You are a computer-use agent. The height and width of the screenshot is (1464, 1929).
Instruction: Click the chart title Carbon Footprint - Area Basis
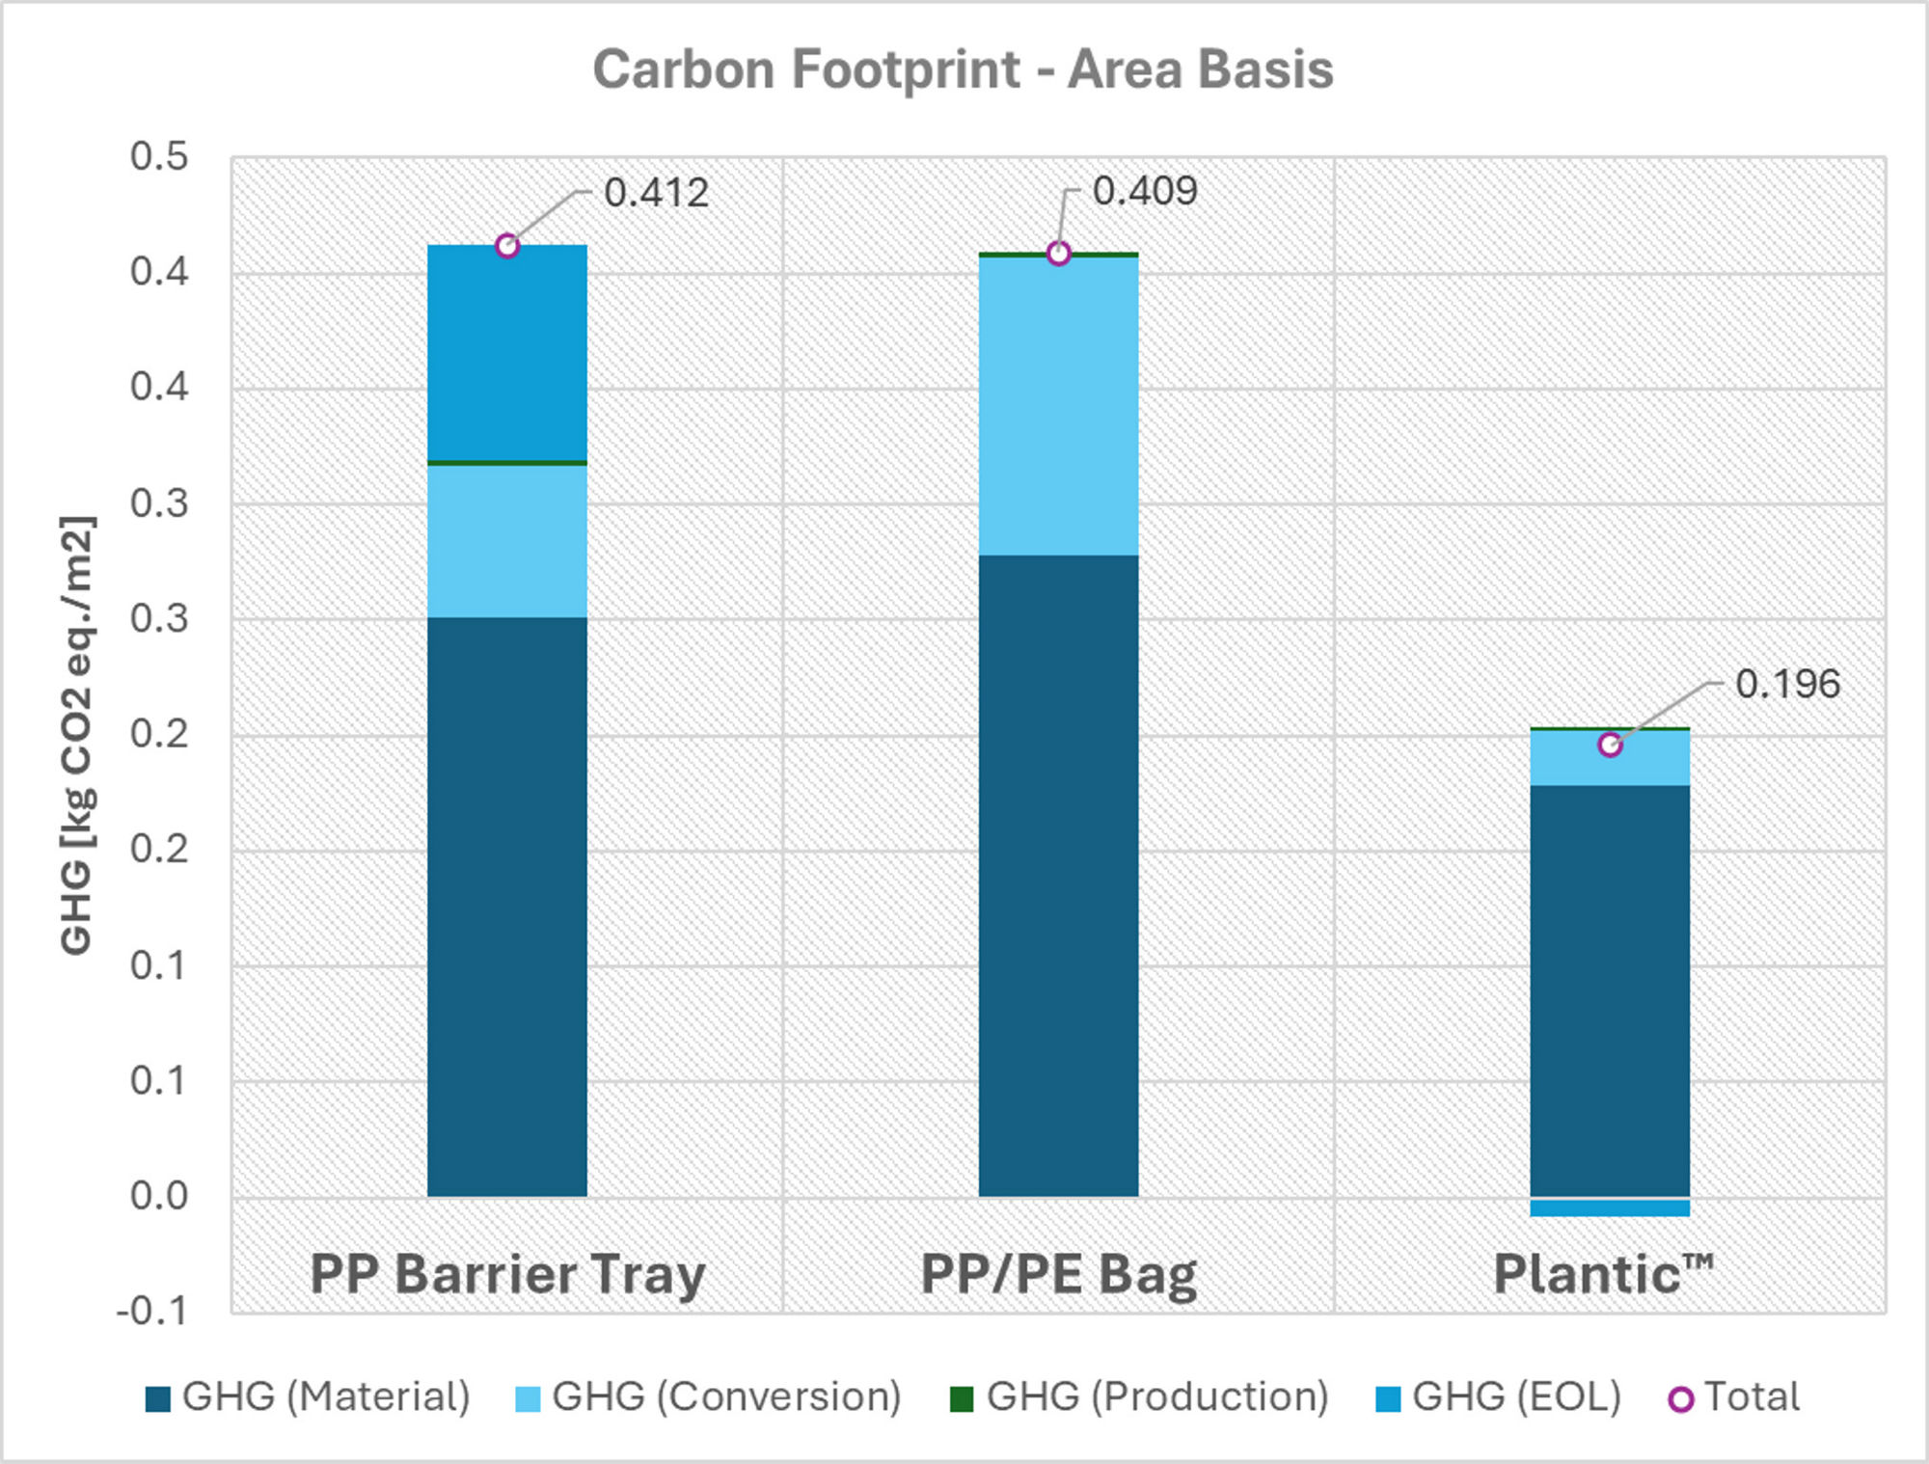963,69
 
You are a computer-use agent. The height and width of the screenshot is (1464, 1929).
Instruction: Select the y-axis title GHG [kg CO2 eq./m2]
76,735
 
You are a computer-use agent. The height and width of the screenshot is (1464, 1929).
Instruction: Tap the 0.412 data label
656,193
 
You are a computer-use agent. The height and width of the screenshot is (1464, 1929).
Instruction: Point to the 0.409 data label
1144,191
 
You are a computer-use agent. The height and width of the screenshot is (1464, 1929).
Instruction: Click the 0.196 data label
1787,684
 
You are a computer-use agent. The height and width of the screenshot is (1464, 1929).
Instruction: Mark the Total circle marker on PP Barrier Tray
507,246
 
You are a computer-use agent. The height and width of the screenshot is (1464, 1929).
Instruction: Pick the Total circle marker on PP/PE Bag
1058,254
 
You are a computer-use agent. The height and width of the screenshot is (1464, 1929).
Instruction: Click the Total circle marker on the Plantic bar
1609,745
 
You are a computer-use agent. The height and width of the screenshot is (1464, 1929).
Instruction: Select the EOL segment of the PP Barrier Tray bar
507,353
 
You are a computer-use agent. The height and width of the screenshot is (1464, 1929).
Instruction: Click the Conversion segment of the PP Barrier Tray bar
507,541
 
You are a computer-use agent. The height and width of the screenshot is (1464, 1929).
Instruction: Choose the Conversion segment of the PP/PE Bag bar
1058,406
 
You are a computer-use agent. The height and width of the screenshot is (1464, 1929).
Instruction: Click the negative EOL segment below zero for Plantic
1609,1207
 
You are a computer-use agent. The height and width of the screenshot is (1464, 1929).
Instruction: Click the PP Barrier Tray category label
507,1274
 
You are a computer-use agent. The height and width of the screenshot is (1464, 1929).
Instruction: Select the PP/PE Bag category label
1058,1274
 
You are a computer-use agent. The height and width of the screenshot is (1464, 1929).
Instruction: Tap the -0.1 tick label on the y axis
152,1312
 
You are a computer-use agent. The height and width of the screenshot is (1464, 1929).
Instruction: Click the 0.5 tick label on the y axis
159,157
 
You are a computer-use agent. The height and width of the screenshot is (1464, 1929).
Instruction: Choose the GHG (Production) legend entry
1139,1396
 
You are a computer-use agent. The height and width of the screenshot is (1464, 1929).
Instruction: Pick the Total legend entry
1734,1396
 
